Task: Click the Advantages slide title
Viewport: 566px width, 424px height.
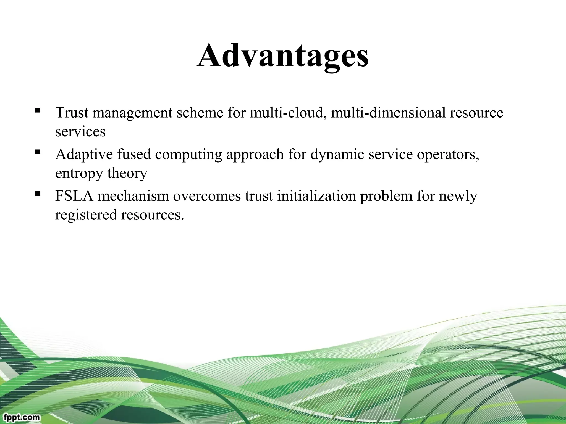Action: pyautogui.click(x=283, y=55)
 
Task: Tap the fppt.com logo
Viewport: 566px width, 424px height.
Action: pyautogui.click(x=22, y=417)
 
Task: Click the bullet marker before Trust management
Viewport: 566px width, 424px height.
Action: pyautogui.click(x=38, y=110)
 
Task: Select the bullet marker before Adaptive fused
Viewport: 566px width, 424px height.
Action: pyautogui.click(x=38, y=152)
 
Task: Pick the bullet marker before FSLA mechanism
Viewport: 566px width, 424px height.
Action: pyautogui.click(x=38, y=194)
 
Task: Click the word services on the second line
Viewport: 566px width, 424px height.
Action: pyautogui.click(x=80, y=132)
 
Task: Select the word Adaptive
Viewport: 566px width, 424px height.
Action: pyautogui.click(x=84, y=155)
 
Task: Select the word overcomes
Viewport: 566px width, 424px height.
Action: pyautogui.click(x=207, y=196)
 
